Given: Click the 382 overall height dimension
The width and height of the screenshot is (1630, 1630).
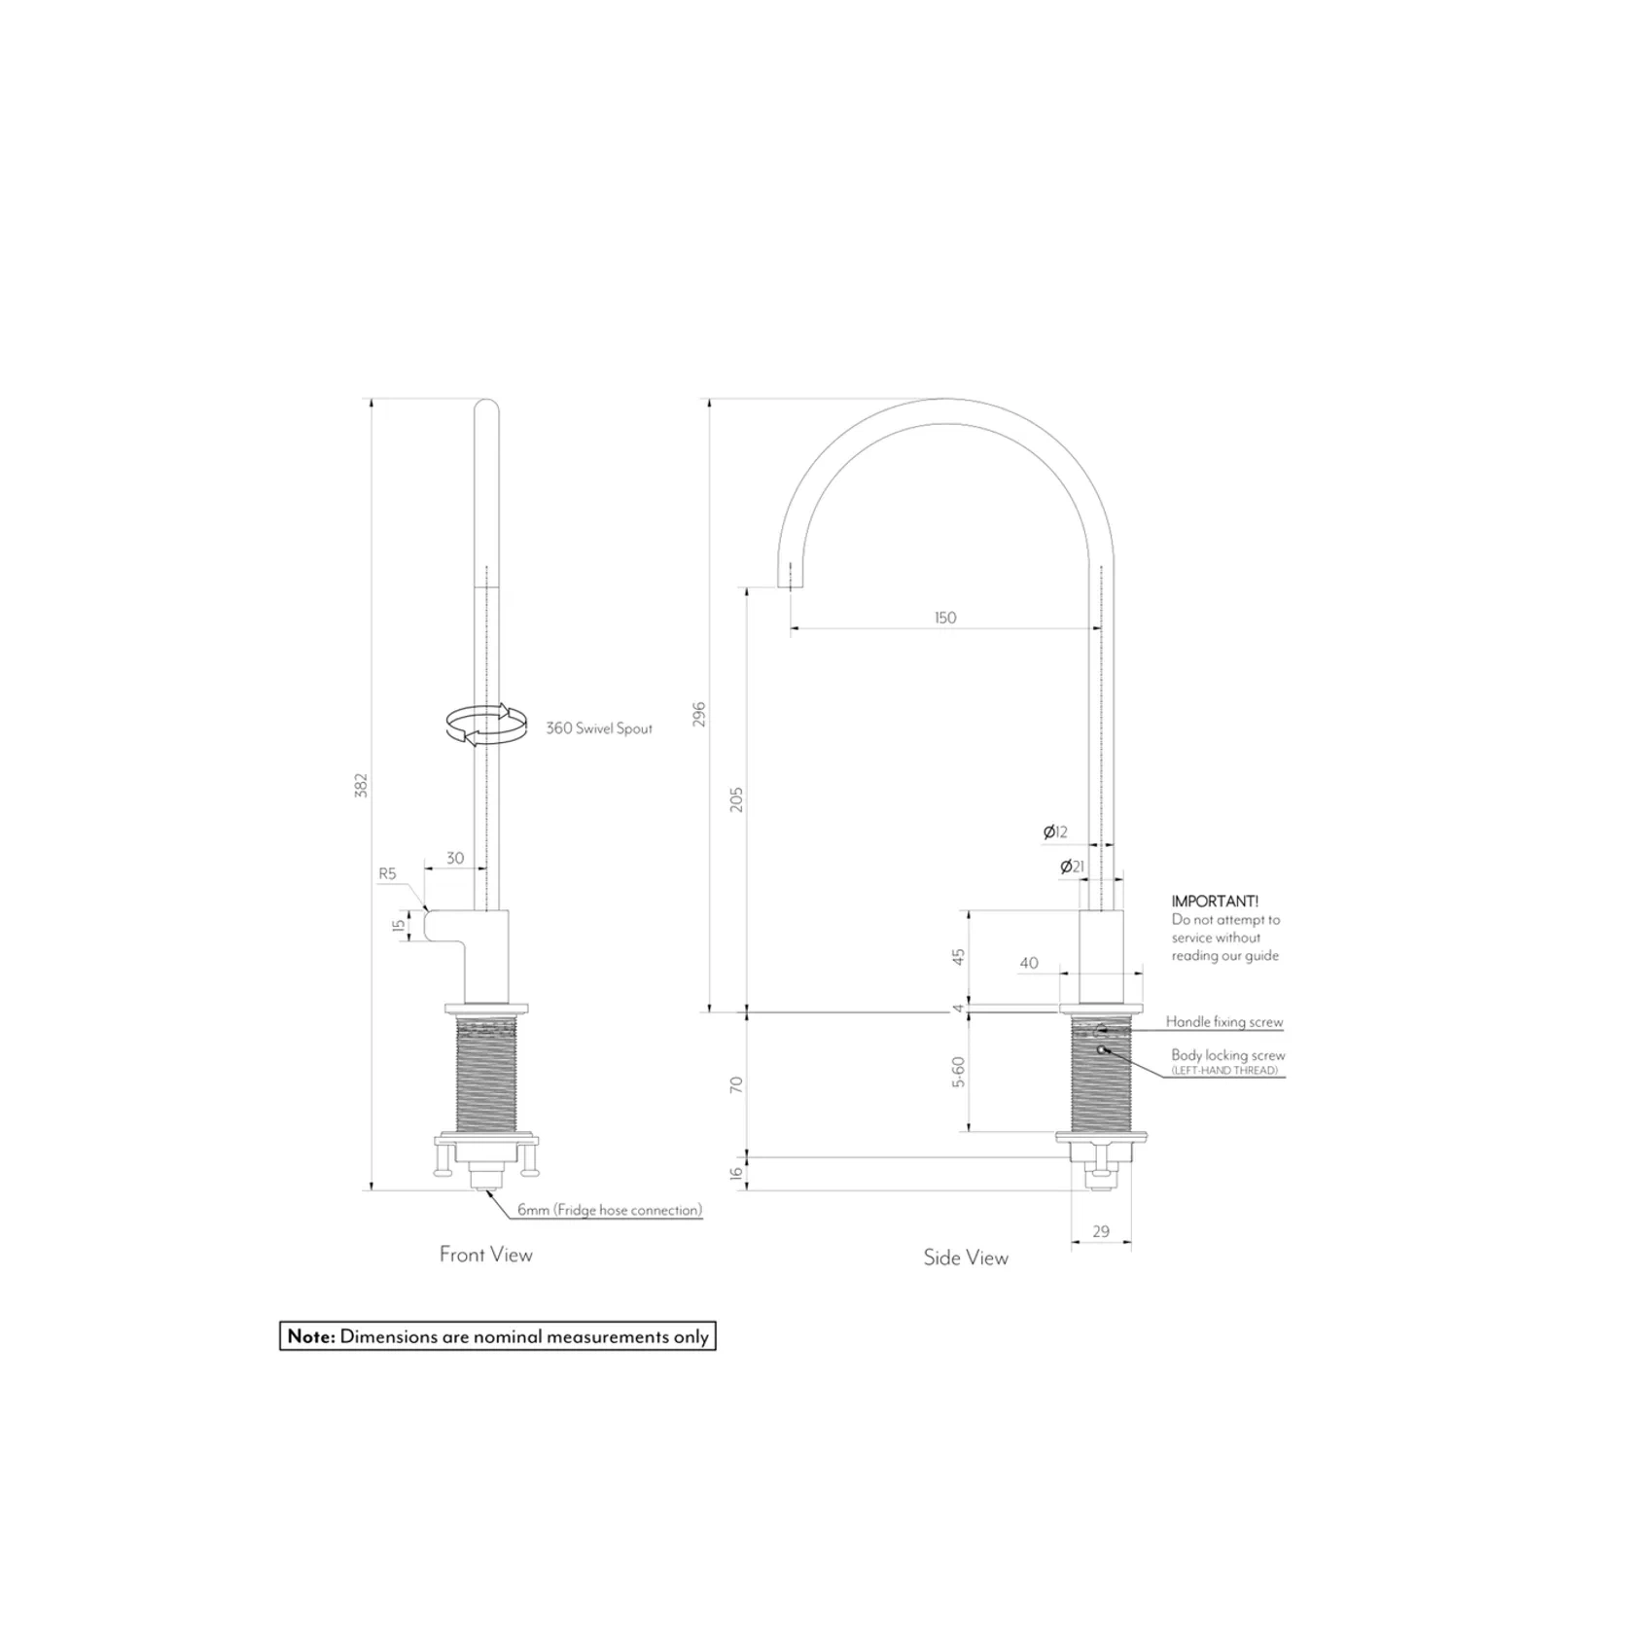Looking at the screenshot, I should click(361, 785).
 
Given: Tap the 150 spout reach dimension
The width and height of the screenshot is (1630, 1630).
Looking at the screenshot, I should click(945, 618).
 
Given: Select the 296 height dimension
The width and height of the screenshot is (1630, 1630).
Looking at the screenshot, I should click(699, 714).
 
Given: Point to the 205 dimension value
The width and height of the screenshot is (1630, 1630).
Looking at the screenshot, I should click(736, 799).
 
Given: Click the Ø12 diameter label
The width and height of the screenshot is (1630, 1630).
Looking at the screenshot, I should click(1055, 832).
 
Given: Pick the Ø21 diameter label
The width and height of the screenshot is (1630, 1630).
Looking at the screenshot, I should click(1072, 866).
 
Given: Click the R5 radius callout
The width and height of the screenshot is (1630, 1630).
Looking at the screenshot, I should click(387, 873).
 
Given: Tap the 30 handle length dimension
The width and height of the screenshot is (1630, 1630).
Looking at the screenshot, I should click(455, 858).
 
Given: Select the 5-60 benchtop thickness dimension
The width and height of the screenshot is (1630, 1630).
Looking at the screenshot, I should click(958, 1071).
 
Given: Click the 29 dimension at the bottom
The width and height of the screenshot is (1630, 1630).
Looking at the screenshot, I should click(1100, 1231).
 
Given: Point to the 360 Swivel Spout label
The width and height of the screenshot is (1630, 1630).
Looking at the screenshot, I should click(599, 728).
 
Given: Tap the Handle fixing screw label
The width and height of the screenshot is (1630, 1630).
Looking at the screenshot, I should click(1224, 1022).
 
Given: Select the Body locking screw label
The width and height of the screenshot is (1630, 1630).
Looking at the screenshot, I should click(1227, 1055).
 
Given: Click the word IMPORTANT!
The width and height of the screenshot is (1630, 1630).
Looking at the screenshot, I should click(1215, 902).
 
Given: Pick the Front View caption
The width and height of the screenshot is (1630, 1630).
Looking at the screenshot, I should click(486, 1255).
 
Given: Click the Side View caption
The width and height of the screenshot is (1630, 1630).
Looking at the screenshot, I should click(966, 1258).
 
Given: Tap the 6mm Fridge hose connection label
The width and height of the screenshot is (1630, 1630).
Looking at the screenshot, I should click(609, 1210).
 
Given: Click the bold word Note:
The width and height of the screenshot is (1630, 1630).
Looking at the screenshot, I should click(311, 1336).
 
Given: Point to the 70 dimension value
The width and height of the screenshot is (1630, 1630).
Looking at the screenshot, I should click(736, 1083).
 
